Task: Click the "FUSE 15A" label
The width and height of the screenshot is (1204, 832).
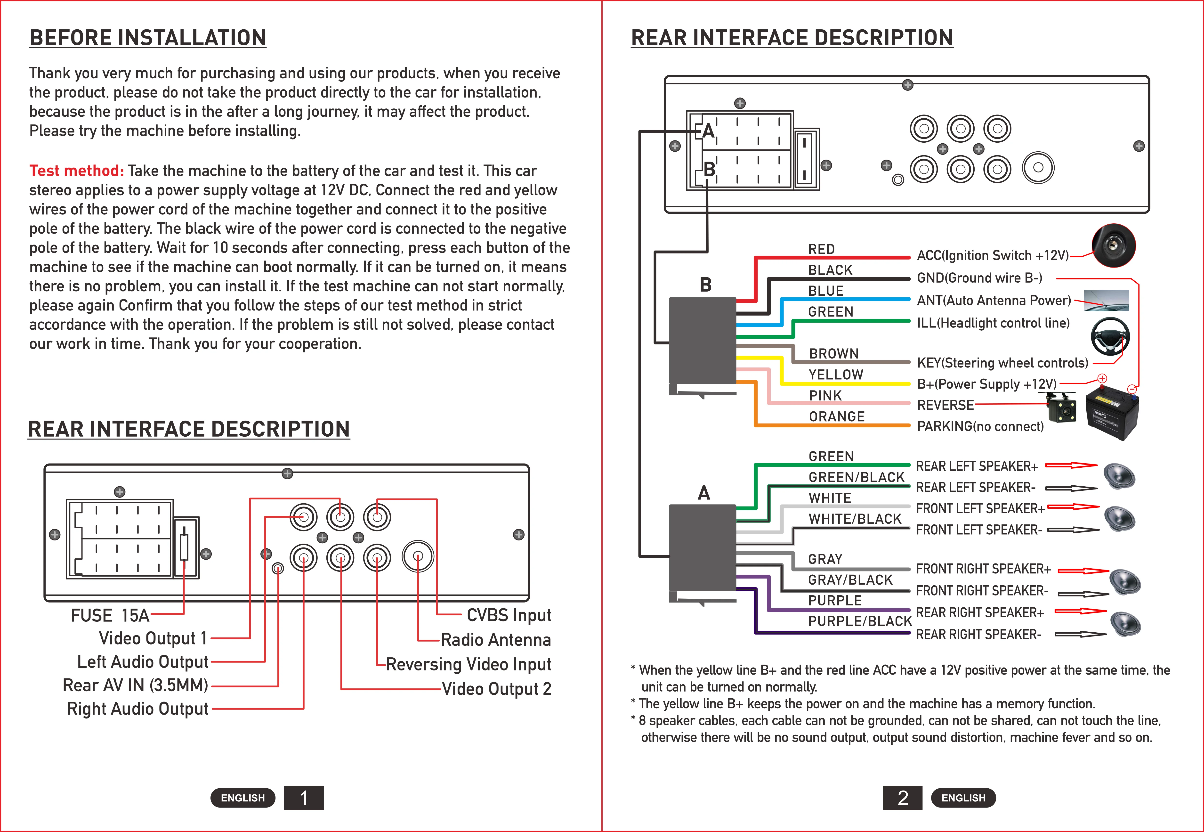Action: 110,616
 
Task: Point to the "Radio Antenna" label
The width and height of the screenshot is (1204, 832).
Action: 496,640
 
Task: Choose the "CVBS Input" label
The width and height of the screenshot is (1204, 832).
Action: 509,615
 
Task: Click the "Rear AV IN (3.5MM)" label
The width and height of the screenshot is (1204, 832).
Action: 136,685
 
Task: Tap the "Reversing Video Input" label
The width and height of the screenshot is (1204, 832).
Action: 468,664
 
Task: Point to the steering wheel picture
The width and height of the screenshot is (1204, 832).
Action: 1110,336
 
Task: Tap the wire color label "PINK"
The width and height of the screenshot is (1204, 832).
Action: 825,396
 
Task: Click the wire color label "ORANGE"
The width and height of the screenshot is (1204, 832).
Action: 837,416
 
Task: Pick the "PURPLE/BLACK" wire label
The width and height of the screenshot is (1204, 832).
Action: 859,621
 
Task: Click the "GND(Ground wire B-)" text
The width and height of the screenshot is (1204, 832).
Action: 979,278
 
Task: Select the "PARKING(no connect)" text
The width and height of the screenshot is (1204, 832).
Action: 980,426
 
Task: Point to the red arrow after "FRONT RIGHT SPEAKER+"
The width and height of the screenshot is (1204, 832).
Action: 1083,571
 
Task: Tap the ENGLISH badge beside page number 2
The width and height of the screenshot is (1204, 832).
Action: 963,798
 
